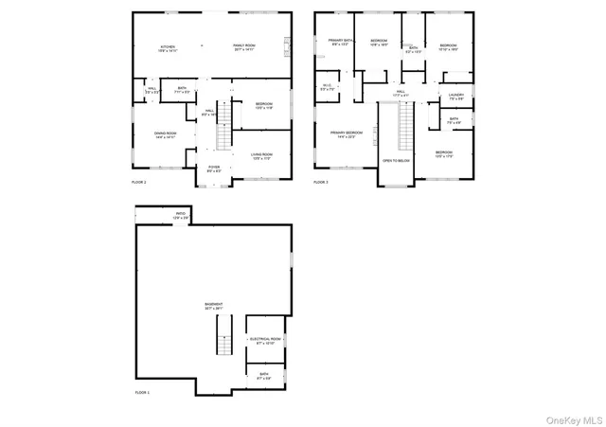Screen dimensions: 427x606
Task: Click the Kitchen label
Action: [x=168, y=46]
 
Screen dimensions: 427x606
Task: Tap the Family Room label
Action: [x=245, y=46]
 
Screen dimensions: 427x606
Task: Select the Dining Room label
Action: [x=166, y=134]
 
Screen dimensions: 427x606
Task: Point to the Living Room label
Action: [x=261, y=155]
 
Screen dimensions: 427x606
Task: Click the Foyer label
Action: [x=214, y=169]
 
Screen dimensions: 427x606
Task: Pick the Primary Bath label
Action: [x=341, y=42]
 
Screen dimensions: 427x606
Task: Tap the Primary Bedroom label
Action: [x=347, y=133]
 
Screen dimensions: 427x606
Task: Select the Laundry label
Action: [x=456, y=96]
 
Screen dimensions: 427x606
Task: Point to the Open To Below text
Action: [x=396, y=161]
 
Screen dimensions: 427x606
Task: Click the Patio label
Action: [x=180, y=215]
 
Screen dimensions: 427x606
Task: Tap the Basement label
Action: [x=213, y=306]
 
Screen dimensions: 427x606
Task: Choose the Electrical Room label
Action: [x=264, y=340]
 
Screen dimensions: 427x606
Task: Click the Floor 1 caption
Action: [x=143, y=391]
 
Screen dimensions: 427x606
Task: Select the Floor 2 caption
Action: [x=139, y=181]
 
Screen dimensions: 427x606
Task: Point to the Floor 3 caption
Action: [x=321, y=181]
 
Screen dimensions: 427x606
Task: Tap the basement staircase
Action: [x=224, y=335]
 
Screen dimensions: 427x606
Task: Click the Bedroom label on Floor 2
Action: [x=264, y=104]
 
